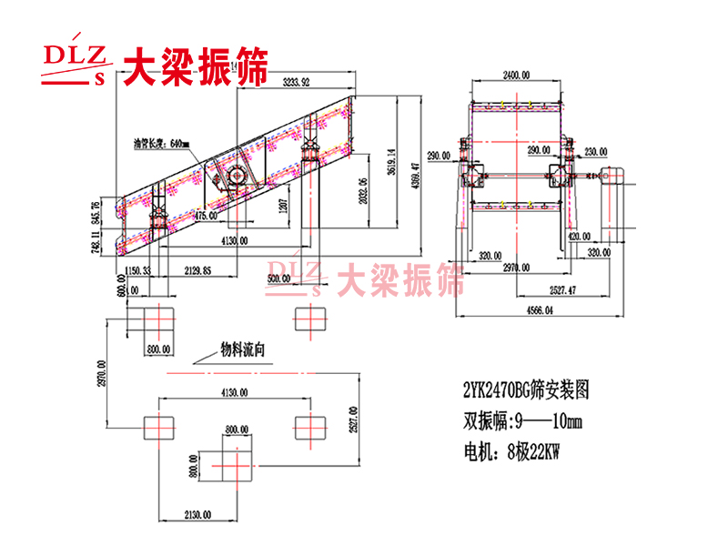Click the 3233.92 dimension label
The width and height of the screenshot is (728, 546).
[x=297, y=83]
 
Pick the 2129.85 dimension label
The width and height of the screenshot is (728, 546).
[x=197, y=270]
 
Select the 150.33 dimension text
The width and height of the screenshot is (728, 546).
[x=139, y=270]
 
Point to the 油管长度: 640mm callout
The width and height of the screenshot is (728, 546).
[x=161, y=143]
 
